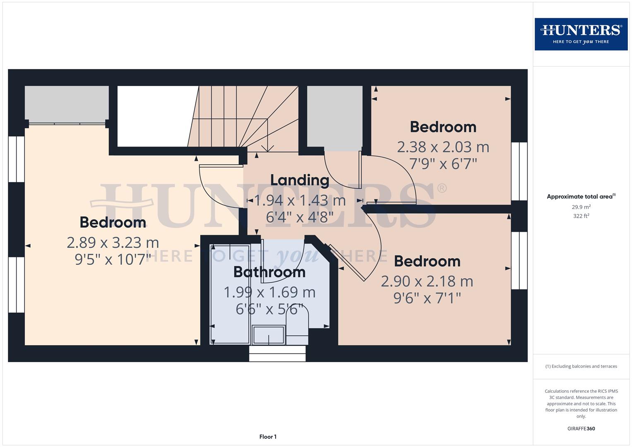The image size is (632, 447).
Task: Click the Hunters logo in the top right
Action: point(581,34)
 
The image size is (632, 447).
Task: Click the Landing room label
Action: point(300,180)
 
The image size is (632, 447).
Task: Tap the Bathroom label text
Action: point(269,272)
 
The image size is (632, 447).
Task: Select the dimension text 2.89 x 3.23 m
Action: point(113,242)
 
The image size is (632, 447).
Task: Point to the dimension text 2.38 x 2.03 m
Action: point(443,147)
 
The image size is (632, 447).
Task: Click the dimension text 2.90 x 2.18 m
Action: point(427,281)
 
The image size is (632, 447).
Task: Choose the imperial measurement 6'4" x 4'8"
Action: point(300,217)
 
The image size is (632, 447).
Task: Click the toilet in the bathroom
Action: point(297,329)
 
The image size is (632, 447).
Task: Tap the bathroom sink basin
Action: point(269,335)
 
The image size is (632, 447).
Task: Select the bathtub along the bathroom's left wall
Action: point(230,294)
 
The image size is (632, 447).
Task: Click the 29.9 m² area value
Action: point(581,207)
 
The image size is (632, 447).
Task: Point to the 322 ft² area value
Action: point(581,216)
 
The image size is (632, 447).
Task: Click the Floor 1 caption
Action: point(268,437)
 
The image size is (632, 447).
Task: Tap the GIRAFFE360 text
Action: point(581,428)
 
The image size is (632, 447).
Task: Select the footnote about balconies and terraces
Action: point(581,366)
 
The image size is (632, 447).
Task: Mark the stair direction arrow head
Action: point(268,149)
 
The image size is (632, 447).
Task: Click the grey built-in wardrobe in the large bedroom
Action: point(67,103)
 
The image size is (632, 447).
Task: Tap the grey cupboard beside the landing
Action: point(334,118)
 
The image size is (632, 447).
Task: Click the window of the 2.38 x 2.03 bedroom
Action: point(519,171)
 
